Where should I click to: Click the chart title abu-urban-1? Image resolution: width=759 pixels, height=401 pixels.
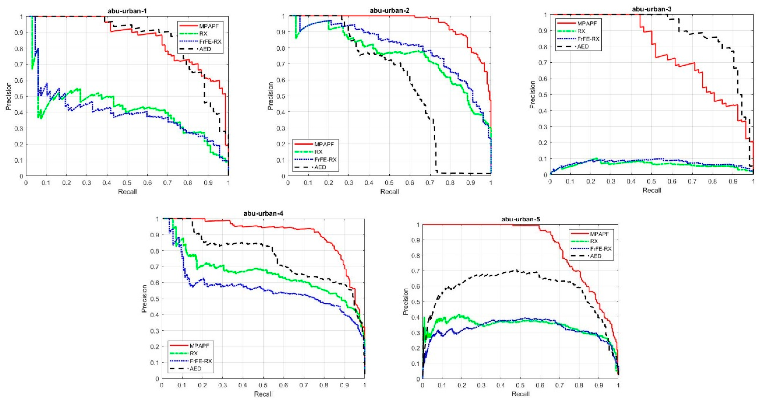[127, 12]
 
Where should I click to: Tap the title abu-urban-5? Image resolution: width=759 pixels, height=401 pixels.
[520, 219]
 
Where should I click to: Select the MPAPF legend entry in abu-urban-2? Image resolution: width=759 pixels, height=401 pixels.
[324, 144]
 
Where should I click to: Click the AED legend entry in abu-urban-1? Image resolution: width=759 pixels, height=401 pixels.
[205, 49]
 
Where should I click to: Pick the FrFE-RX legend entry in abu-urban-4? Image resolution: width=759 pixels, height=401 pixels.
[201, 361]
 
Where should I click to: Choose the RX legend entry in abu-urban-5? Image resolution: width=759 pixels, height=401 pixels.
[594, 241]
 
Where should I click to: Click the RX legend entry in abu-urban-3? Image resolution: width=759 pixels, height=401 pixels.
[581, 31]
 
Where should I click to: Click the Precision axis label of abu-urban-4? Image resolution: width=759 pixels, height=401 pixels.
[144, 299]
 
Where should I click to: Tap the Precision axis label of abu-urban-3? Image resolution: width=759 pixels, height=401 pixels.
[532, 95]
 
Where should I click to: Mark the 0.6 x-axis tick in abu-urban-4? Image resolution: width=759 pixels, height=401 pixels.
[284, 385]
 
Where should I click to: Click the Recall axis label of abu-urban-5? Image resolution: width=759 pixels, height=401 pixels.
[520, 394]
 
